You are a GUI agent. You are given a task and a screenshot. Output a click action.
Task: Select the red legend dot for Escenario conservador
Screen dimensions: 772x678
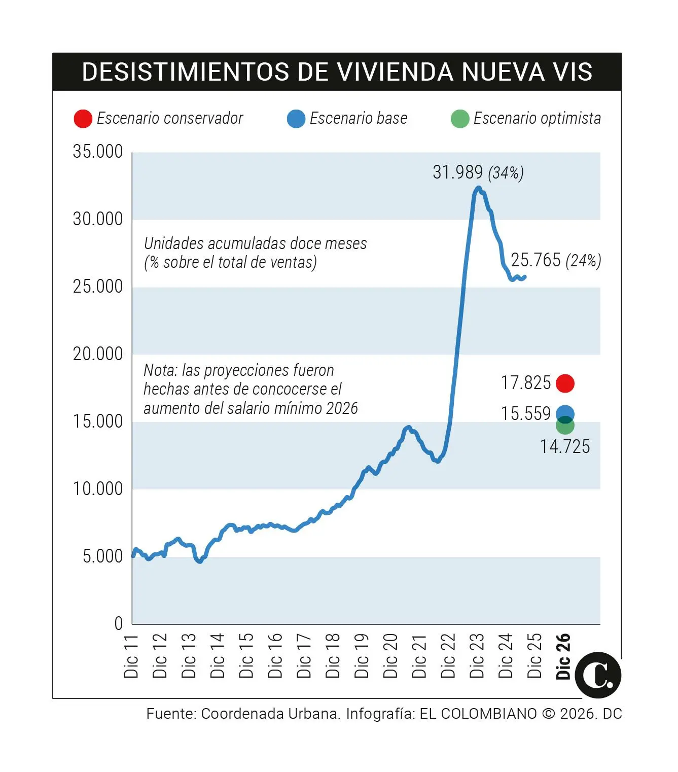click(83, 119)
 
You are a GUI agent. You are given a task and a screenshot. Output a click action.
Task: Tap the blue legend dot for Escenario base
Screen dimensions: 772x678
click(296, 119)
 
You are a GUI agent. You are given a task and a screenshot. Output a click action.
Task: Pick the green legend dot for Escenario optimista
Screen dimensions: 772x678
click(459, 119)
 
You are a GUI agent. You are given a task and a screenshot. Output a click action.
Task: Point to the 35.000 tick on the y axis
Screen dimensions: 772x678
click(98, 152)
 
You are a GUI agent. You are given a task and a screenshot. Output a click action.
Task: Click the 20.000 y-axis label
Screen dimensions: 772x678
click(98, 354)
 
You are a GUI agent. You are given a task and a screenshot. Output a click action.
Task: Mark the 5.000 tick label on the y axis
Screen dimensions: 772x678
click(102, 556)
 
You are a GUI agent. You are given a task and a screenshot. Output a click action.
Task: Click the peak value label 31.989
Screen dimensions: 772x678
click(457, 172)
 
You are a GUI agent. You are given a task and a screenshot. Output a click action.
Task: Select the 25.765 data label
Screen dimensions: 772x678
click(536, 260)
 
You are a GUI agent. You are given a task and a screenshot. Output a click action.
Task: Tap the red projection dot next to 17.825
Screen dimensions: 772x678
click(565, 383)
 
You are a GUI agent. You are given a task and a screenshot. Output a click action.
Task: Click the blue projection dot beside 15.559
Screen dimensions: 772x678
click(565, 413)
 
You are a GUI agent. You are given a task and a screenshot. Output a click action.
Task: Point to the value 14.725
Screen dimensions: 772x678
click(565, 447)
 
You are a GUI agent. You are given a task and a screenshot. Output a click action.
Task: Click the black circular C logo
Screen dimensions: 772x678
click(598, 675)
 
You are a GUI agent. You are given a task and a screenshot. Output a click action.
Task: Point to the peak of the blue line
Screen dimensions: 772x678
click(478, 188)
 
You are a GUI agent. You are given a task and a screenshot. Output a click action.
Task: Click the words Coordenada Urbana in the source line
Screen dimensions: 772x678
click(270, 714)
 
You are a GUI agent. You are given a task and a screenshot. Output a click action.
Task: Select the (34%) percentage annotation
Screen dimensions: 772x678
click(506, 173)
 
